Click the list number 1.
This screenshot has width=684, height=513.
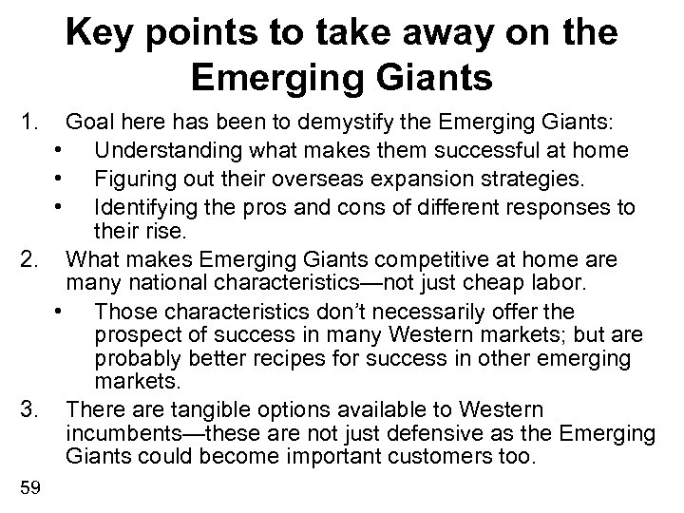point(29,123)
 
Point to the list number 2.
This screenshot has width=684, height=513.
point(29,259)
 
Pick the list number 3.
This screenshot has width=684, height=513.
point(29,409)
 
